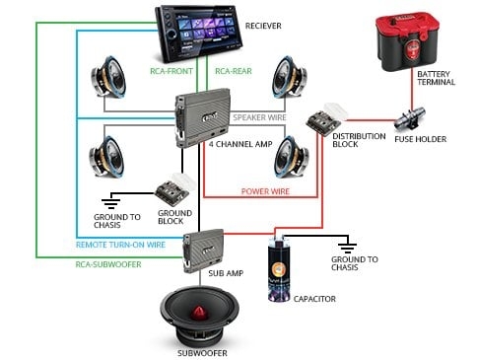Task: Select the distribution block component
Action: tap(323, 121)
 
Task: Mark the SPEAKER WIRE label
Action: tap(260, 116)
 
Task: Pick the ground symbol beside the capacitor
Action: tap(344, 246)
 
